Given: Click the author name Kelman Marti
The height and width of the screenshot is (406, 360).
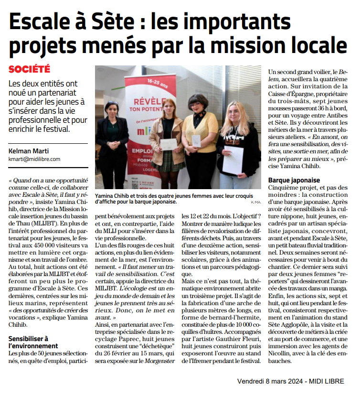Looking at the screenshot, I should [x=28, y=151].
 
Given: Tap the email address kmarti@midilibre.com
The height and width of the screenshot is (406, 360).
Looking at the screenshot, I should [x=34, y=159].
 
